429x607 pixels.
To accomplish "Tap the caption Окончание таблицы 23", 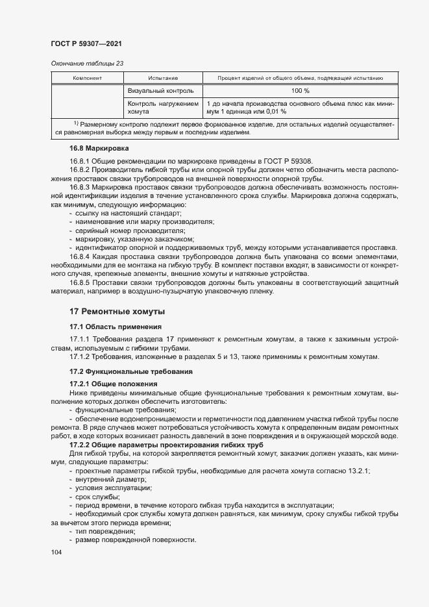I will coord(87,64).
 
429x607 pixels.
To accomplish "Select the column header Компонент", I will coord(87,78).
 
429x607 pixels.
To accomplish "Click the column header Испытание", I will coord(162,78).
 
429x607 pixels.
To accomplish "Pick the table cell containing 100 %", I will coord(300,91).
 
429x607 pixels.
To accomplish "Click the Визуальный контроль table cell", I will coord(158,91).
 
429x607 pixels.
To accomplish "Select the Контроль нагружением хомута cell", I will coord(162,108).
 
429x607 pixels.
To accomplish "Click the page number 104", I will coord(56,552).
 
